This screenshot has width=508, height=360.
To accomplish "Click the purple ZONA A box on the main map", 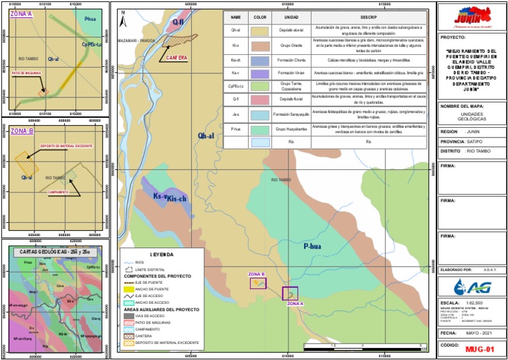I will point(290,293).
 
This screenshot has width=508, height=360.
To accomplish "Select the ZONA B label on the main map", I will point(256,274).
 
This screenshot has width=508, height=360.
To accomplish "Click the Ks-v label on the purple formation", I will point(159,197).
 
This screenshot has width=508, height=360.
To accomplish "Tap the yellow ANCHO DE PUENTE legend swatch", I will point(129,289).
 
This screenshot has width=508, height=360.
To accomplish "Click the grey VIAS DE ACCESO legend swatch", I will point(129,316).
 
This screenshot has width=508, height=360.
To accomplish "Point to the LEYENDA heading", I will point(162,254).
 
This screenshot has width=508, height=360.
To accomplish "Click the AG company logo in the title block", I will point(471,286).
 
